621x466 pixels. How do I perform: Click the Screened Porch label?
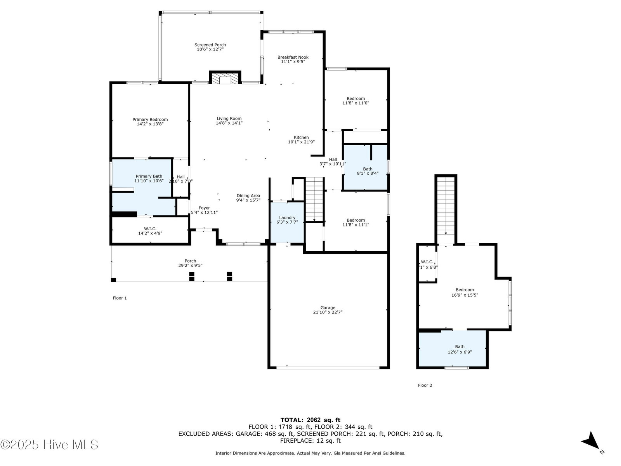click(210, 45)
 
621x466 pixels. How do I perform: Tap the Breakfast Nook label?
click(293, 57)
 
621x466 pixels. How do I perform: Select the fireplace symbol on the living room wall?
click(225, 78)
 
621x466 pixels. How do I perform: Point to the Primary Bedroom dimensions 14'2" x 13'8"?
click(150, 124)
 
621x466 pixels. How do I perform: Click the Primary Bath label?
click(149, 176)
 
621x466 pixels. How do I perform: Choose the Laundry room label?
click(287, 217)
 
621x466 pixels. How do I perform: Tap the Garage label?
click(328, 308)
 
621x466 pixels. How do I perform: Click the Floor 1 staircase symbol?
click(314, 199)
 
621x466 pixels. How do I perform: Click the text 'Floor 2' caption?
click(425, 385)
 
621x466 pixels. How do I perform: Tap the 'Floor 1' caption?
click(120, 298)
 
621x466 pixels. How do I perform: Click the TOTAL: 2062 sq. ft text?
click(310, 420)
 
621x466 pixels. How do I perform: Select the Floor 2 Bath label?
click(460, 347)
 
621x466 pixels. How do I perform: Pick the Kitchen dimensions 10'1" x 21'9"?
click(301, 142)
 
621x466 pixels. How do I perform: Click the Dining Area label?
click(248, 195)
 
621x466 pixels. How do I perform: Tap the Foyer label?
click(204, 208)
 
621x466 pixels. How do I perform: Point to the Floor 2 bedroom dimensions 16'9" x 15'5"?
click(465, 295)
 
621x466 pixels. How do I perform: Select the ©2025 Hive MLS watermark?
click(49, 445)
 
